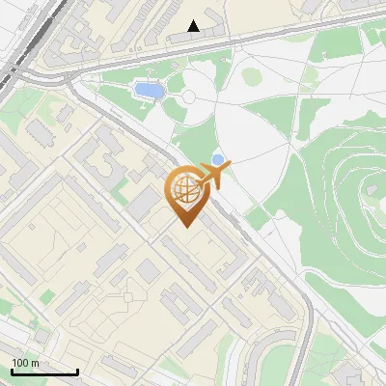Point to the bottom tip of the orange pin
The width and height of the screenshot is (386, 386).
[185, 228]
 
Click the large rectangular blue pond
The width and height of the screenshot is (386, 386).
[148, 91]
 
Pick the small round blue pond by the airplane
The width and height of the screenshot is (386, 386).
[218, 159]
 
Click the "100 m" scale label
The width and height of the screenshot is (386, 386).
[25, 363]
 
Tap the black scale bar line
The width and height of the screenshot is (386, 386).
[44, 372]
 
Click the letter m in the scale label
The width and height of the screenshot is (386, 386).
[34, 363]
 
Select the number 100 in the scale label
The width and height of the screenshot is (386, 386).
[20, 363]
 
